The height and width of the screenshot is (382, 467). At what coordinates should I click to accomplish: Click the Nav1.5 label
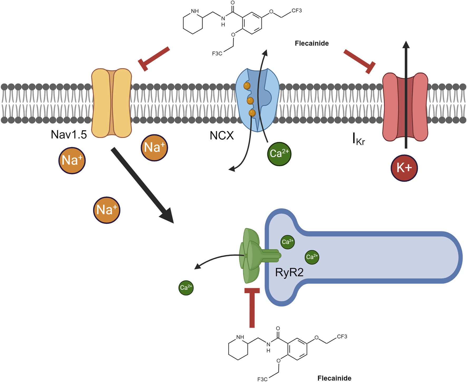pyautogui.click(x=69, y=135)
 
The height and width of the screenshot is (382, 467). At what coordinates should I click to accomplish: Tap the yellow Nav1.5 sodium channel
pyautogui.click(x=111, y=103)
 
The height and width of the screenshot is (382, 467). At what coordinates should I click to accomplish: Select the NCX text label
pyautogui.click(x=222, y=136)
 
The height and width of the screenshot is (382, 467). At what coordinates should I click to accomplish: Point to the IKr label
pyautogui.click(x=359, y=139)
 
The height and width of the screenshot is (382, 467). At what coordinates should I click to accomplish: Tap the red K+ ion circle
pyautogui.click(x=404, y=168)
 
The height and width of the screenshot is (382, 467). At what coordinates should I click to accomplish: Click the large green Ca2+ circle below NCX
pyautogui.click(x=279, y=154)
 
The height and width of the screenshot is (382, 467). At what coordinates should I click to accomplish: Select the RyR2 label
pyautogui.click(x=289, y=272)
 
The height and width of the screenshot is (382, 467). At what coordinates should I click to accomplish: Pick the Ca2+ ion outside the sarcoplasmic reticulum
pyautogui.click(x=186, y=288)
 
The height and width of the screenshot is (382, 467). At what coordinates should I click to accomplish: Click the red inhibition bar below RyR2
pyautogui.click(x=252, y=307)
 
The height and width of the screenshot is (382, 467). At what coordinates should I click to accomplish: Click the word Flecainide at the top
pyautogui.click(x=312, y=43)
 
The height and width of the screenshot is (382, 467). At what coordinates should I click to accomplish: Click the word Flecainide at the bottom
pyautogui.click(x=334, y=378)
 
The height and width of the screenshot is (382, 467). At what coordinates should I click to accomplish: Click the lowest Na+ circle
pyautogui.click(x=107, y=210)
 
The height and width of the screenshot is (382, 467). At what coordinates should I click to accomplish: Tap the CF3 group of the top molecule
pyautogui.click(x=296, y=11)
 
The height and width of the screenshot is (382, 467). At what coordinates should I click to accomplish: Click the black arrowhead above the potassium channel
pyautogui.click(x=406, y=45)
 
